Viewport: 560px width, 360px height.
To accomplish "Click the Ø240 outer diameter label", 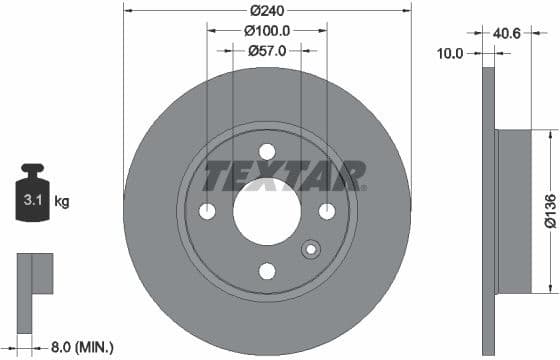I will (267, 11).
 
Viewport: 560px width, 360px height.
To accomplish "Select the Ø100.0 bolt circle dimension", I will (268, 31).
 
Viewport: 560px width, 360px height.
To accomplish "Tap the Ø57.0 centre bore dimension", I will (267, 50).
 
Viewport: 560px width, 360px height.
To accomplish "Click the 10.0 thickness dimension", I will (452, 54).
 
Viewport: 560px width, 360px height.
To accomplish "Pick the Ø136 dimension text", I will (549, 211).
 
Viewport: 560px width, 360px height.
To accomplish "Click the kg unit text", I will (62, 201).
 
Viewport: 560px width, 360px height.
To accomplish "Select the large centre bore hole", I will (267, 211).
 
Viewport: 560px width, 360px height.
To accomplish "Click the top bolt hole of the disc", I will (267, 152).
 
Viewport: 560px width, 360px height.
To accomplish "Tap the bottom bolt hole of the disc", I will (267, 271).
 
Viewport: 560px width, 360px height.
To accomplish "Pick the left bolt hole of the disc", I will (208, 211).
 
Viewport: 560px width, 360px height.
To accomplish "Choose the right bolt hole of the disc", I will (327, 211).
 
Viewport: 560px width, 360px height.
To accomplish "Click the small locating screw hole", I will (311, 249).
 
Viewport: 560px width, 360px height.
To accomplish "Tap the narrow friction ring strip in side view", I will (489, 211).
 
